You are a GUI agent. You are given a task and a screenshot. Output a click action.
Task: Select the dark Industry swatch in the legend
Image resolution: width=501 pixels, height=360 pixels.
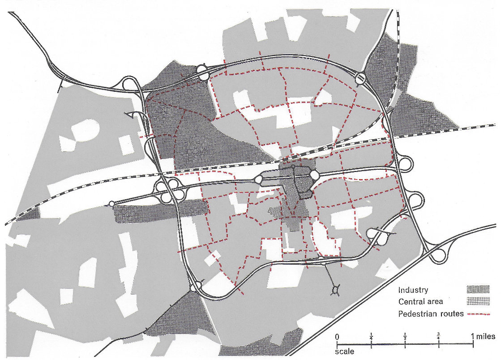(x=477, y=290)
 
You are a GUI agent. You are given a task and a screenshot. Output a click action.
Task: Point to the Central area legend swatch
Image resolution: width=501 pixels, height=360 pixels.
(x=477, y=300)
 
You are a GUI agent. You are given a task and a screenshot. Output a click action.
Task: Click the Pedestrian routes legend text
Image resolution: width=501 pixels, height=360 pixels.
(x=431, y=313)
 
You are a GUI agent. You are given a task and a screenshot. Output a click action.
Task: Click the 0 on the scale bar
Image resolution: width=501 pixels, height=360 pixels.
(x=337, y=336)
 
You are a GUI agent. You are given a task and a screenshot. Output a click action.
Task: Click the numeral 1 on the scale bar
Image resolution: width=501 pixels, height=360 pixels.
(x=473, y=336)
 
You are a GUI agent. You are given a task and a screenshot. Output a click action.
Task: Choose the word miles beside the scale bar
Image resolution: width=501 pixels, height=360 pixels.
(x=486, y=336)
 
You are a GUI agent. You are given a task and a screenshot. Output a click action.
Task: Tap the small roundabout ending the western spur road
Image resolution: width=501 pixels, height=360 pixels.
(x=112, y=204)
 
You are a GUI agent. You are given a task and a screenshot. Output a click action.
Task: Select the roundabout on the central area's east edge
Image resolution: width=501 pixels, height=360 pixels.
(x=314, y=174)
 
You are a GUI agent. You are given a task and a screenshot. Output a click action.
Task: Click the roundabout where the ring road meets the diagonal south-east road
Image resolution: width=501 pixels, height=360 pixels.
(x=437, y=255)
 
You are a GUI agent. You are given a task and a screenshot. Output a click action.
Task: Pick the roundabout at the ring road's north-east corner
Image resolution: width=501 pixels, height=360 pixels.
(x=361, y=79)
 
